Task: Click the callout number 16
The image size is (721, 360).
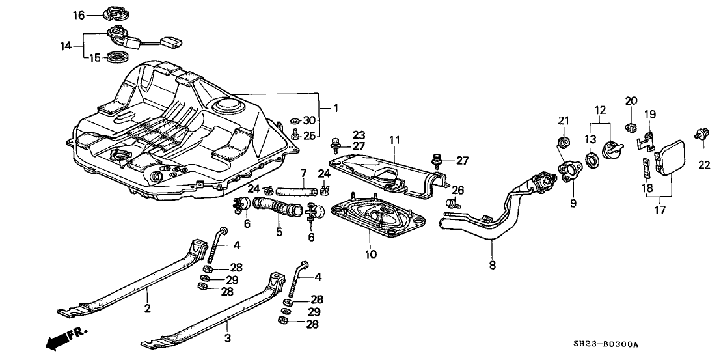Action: click(78, 14)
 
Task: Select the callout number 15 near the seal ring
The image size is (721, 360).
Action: click(95, 58)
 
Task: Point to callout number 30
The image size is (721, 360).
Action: click(308, 120)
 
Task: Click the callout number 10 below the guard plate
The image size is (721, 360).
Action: click(371, 255)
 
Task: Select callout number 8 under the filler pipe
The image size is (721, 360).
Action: click(492, 265)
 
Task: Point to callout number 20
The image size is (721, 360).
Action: click(631, 100)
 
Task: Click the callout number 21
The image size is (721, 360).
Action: click(564, 120)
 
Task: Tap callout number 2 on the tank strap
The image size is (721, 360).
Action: click(148, 309)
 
